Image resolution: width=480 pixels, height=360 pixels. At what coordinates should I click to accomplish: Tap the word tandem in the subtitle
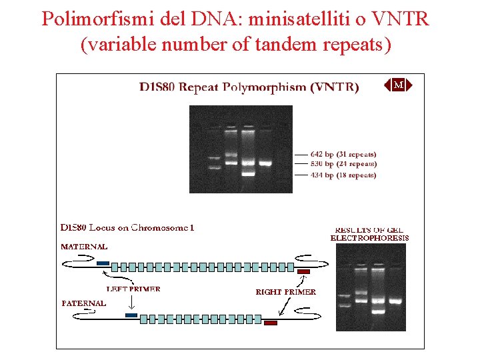(285, 45)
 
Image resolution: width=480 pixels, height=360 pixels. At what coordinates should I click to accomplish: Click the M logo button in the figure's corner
(398, 85)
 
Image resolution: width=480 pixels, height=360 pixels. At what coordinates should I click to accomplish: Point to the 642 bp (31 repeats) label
(343, 154)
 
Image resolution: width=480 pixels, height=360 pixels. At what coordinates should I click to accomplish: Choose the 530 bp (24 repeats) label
(343, 164)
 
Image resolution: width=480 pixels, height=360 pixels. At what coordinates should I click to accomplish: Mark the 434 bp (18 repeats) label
(343, 175)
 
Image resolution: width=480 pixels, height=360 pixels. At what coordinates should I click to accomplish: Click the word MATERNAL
(84, 246)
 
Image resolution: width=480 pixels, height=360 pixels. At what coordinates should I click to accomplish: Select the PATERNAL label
(84, 303)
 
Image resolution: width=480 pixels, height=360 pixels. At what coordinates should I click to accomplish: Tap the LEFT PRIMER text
(133, 289)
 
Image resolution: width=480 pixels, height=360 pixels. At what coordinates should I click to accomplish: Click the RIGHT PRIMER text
(286, 292)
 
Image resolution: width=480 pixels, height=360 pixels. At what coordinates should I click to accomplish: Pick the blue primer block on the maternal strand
(103, 263)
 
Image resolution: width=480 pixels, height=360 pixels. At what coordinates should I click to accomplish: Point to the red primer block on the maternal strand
(304, 271)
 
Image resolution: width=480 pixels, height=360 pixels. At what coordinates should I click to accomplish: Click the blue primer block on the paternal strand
(131, 315)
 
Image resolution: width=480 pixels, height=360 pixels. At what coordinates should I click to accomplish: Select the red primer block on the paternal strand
(271, 323)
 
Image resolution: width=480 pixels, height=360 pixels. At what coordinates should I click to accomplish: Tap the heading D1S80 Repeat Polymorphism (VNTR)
(249, 87)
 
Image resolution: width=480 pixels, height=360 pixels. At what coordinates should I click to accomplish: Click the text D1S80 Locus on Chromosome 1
(127, 227)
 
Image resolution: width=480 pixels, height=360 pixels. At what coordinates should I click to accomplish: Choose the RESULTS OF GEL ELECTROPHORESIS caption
(369, 233)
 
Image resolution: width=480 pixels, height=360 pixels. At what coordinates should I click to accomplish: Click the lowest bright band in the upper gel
(248, 173)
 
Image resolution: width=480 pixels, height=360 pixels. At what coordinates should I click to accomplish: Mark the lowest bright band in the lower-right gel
(379, 311)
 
